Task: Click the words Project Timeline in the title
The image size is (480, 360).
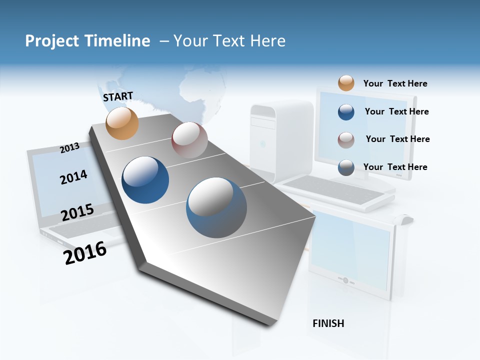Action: (x=87, y=41)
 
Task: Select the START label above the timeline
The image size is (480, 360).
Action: (x=118, y=96)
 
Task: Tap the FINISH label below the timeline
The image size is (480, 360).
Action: (x=328, y=323)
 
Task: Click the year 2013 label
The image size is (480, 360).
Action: (x=69, y=147)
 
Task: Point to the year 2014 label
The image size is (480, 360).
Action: (x=73, y=177)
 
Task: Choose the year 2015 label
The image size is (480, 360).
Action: (x=77, y=212)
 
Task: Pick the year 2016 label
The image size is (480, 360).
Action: (x=85, y=253)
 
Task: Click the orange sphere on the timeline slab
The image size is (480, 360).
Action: (x=122, y=123)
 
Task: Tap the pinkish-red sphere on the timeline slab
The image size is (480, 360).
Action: (x=189, y=140)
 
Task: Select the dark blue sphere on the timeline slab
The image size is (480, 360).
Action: (x=145, y=180)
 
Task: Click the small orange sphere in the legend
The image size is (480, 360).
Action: (x=346, y=83)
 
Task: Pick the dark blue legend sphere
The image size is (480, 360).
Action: (x=346, y=112)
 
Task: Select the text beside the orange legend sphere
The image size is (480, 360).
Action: (x=395, y=83)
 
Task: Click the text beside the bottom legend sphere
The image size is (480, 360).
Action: (x=395, y=167)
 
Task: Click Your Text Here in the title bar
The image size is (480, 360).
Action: (x=229, y=41)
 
